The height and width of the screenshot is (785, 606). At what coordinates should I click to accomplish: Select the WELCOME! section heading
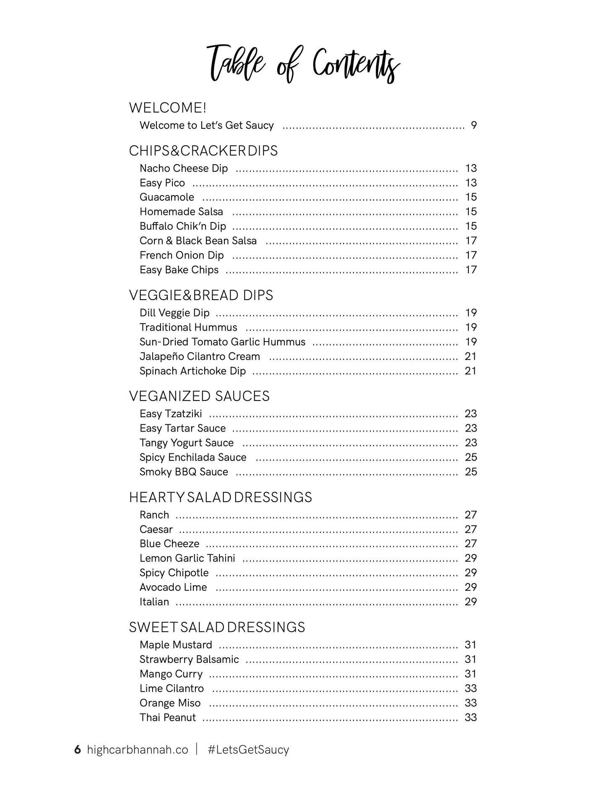coord(168,108)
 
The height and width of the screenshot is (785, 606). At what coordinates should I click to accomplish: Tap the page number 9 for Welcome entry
coord(473,126)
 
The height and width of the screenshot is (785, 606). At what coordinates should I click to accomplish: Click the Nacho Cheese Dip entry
coord(184,168)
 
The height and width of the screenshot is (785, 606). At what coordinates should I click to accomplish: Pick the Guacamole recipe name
coord(167,197)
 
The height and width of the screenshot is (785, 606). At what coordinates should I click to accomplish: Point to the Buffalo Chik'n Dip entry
coord(183,226)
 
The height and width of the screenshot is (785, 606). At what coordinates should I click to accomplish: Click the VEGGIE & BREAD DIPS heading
coord(201,295)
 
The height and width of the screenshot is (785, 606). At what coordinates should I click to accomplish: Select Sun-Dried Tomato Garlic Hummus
coord(222,342)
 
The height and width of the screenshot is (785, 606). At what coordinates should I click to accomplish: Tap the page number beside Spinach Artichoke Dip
coord(471,371)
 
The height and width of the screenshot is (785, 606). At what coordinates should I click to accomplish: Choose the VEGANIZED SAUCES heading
coord(199,396)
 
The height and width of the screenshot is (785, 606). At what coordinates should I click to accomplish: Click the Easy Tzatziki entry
coord(171,414)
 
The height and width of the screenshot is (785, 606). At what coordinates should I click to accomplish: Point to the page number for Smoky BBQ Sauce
coord(471,472)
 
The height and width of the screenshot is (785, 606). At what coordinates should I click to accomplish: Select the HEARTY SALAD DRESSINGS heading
coord(221,497)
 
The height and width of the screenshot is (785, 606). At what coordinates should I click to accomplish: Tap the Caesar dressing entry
coord(156,529)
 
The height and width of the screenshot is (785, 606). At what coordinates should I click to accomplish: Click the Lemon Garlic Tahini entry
coord(187,558)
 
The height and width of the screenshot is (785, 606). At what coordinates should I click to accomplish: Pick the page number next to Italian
coord(471,602)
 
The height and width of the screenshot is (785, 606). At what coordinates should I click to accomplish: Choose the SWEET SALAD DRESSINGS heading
coord(217,627)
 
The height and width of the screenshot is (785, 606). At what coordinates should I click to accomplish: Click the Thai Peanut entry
coord(168,717)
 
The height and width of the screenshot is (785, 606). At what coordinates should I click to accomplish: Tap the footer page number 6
coord(77,750)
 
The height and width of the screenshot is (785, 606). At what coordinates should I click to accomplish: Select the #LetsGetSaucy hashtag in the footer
coord(248,750)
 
